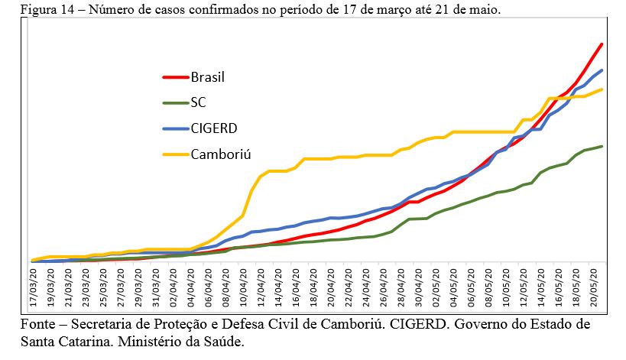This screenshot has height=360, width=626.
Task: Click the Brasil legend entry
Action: [x=207, y=76]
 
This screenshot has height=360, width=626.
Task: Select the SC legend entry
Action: [x=198, y=102]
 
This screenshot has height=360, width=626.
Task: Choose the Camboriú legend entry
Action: [x=221, y=154]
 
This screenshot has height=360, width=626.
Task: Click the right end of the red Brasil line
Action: [x=603, y=44]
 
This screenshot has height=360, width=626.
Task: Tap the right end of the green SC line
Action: [x=603, y=146]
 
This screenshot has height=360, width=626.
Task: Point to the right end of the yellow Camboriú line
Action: [x=603, y=89]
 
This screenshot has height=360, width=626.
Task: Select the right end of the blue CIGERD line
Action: [x=603, y=70]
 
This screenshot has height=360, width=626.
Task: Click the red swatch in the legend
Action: [x=174, y=76]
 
